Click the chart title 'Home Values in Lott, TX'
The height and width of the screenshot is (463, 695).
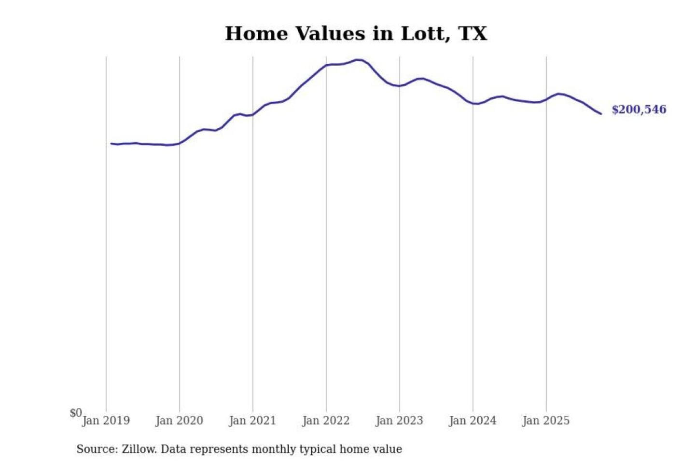point(356,34)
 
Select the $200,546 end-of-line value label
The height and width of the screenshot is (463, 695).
point(639,109)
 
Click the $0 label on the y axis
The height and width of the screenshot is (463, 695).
point(76,413)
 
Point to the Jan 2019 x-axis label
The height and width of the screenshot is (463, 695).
point(106,421)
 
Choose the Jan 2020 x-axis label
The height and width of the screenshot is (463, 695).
point(179,421)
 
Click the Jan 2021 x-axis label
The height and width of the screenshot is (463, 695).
point(252,421)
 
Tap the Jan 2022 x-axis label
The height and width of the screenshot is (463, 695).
point(326,421)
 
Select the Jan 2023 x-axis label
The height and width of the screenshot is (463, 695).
point(399,421)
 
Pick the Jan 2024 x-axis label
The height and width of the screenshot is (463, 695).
point(473,421)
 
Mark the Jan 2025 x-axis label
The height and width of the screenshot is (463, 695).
point(546,421)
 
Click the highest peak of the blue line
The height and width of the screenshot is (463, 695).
point(358,60)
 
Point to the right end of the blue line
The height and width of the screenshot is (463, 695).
point(601,114)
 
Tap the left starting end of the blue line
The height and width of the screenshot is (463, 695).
point(111,143)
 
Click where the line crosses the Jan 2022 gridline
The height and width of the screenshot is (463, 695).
point(326,65)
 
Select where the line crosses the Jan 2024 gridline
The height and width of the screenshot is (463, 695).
point(473,103)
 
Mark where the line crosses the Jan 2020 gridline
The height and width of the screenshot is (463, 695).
point(180,143)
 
